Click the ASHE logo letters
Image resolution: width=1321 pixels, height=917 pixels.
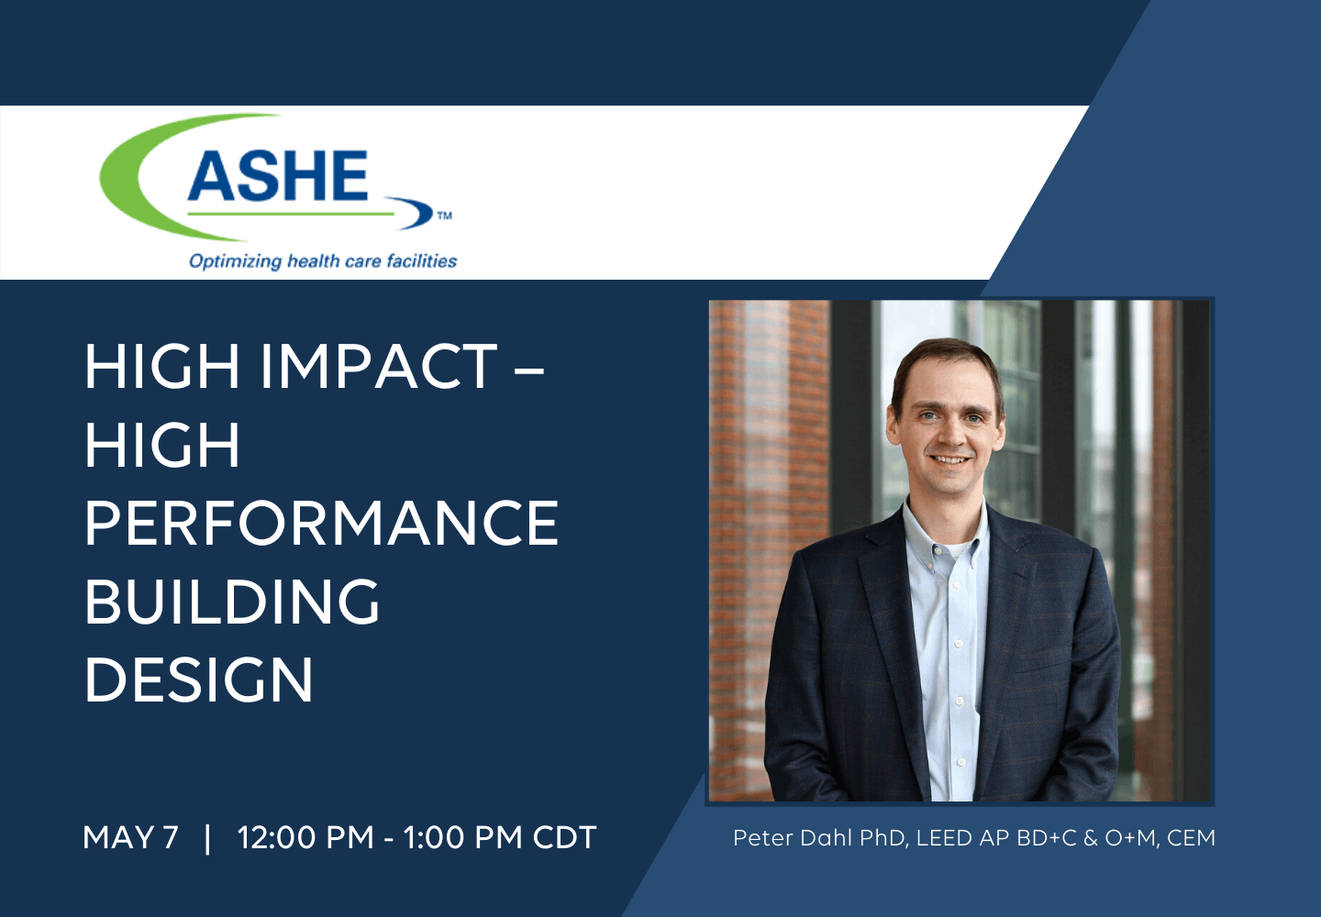[x=278, y=176]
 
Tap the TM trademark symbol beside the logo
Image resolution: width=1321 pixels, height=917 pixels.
[x=445, y=215]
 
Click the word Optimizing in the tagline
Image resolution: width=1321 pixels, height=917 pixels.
[x=235, y=261]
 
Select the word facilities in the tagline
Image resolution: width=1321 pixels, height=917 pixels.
[x=422, y=260]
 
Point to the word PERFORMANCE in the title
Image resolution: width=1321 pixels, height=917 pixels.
[x=322, y=523]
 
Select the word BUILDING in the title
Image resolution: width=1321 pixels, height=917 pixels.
[x=232, y=602]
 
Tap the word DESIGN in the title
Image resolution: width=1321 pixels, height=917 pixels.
[x=199, y=679]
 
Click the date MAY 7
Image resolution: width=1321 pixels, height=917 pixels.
[x=130, y=837]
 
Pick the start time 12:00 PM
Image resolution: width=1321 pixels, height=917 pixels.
[x=305, y=837]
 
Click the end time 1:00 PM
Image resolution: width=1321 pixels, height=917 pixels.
[x=463, y=837]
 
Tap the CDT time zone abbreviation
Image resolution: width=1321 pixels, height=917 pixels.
[x=564, y=837]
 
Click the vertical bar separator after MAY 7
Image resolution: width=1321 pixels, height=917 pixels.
[x=207, y=838]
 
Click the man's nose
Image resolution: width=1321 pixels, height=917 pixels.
[x=949, y=436]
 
